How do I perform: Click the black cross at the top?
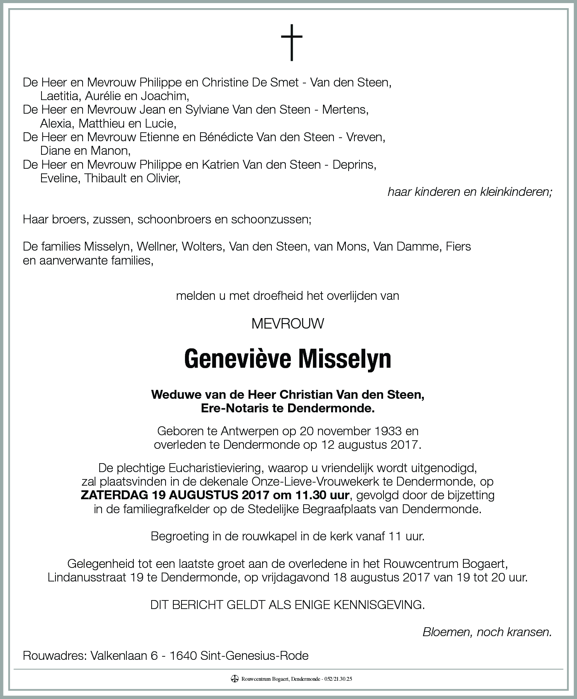tap(292, 42)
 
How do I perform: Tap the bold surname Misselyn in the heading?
tap(344, 359)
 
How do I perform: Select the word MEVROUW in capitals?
tap(288, 324)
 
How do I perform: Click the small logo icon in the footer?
tap(234, 679)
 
